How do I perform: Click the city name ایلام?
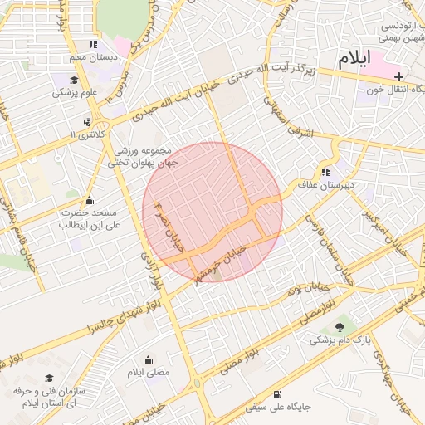(x=359, y=60)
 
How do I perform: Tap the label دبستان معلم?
(x=90, y=56)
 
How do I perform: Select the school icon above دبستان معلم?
(x=93, y=44)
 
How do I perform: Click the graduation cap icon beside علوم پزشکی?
(x=74, y=81)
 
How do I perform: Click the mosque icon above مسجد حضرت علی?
(x=90, y=200)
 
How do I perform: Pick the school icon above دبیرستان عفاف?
(x=325, y=173)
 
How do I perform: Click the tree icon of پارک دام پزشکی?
(x=339, y=327)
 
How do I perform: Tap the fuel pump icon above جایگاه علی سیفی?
(x=276, y=394)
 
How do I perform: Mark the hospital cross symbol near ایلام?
(x=399, y=76)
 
